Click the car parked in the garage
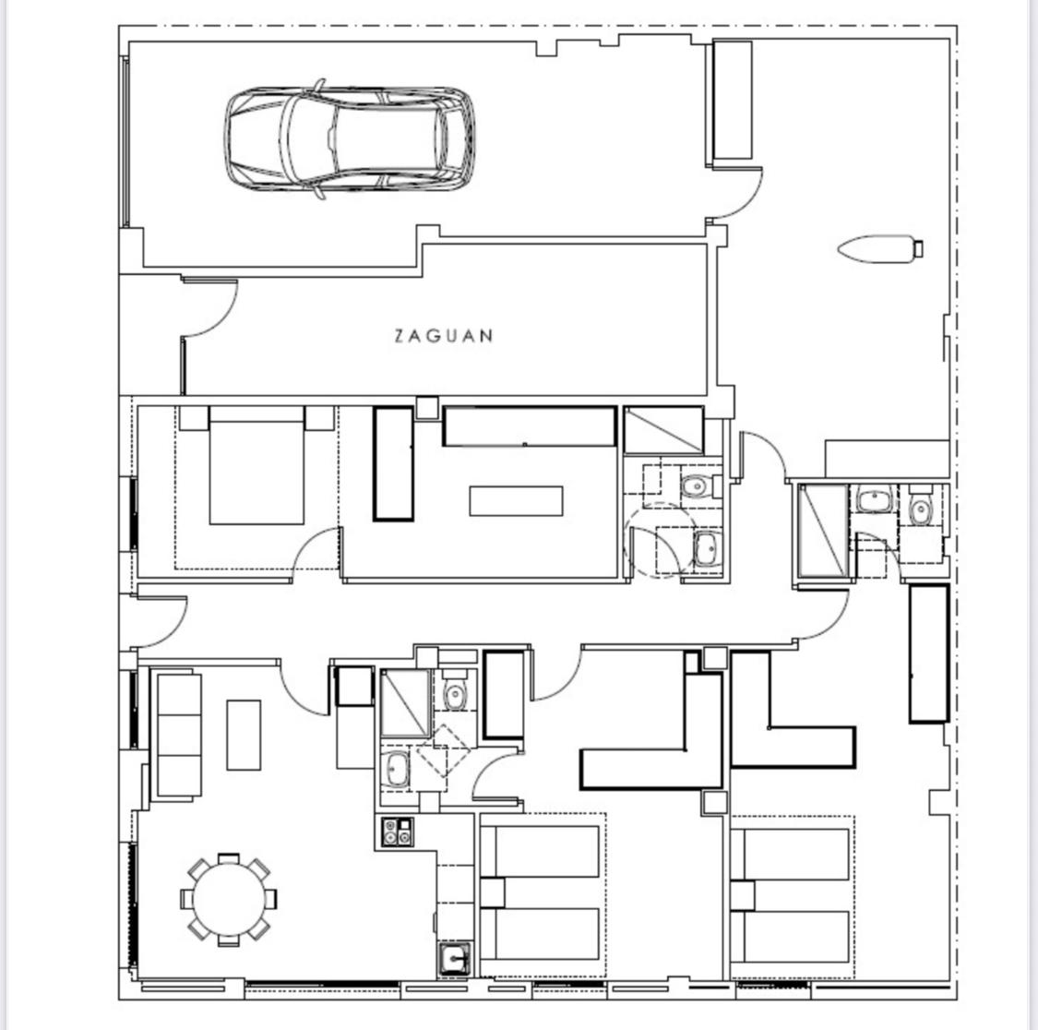tap(351, 139)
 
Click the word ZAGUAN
tap(444, 336)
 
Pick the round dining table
tap(230, 899)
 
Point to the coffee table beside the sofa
tap(244, 735)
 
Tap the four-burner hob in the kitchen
tap(396, 831)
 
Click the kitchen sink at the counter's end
tap(454, 960)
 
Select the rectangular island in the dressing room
tap(516, 500)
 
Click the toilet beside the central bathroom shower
tap(455, 694)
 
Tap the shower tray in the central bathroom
tap(405, 703)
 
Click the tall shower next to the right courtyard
tap(821, 531)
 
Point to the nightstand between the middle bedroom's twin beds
tap(492, 892)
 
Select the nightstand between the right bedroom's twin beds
tap(742, 895)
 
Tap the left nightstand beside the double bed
tap(194, 417)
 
